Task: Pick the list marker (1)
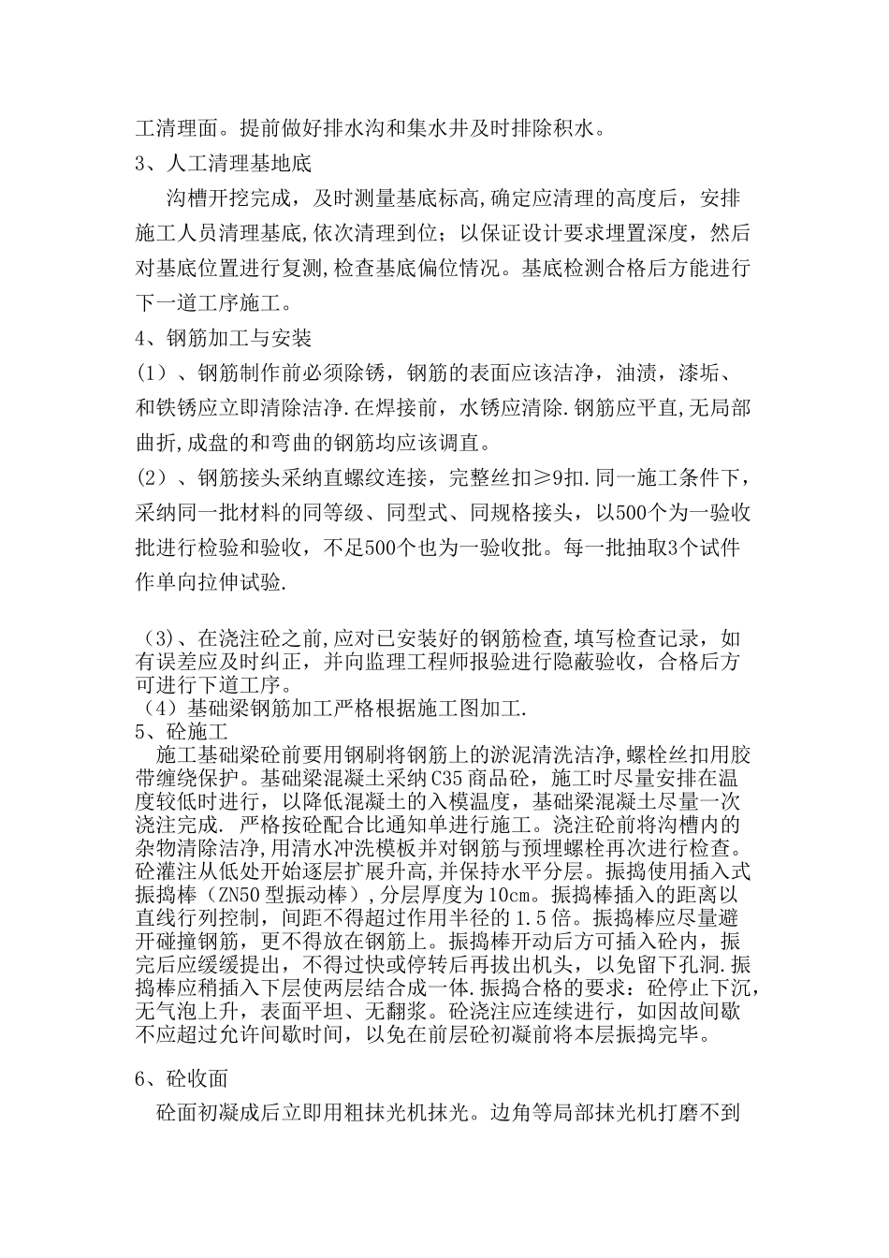[x=152, y=373]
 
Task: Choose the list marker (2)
[x=152, y=479]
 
